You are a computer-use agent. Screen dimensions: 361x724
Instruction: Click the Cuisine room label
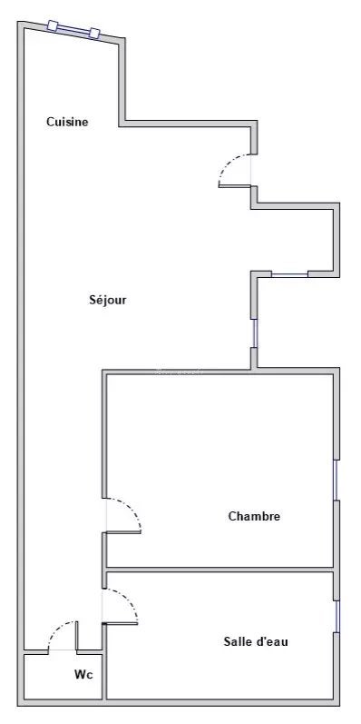point(67,122)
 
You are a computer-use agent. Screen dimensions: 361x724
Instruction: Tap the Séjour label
point(107,300)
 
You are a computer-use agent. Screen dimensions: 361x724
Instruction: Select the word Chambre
point(254,516)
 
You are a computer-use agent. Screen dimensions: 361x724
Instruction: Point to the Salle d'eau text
point(256,641)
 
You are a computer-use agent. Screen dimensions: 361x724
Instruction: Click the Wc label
point(83,675)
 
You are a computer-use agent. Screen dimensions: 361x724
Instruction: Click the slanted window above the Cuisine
point(73,30)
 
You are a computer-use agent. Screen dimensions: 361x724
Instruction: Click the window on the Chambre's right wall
point(337,481)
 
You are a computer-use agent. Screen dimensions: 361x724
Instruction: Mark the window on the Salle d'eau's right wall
point(337,617)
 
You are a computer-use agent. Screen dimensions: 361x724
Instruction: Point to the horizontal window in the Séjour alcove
point(289,274)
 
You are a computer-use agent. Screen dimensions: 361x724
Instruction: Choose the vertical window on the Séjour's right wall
point(254,332)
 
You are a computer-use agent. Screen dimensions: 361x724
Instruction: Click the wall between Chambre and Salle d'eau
point(220,570)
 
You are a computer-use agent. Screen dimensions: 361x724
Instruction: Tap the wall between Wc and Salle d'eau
point(104,661)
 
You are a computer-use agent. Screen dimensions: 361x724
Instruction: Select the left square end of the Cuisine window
point(53,25)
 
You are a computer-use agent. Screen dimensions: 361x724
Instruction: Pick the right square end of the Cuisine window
point(94,34)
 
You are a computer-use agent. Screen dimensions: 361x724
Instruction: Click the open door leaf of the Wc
point(76,636)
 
